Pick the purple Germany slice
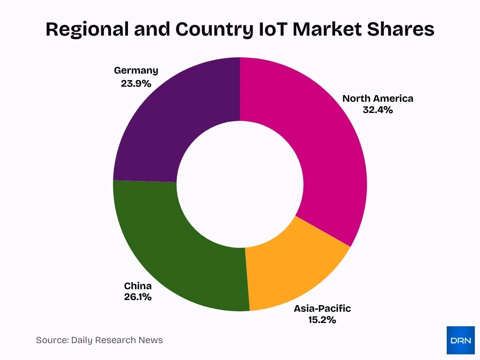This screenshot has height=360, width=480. coord(178,122)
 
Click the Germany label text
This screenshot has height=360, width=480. coord(136,70)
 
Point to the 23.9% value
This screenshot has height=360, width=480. coord(136,83)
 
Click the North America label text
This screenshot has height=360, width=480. coord(377,98)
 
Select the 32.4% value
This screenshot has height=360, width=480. coord(377,111)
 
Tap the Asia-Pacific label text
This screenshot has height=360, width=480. coord(322,308)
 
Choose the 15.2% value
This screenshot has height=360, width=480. coord(322,321)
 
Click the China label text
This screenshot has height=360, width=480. coord(138,286)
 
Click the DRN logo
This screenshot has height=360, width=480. coord(460,340)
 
